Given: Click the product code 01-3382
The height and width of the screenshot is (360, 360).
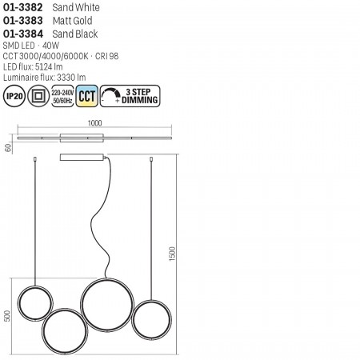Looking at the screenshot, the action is coord(23,7).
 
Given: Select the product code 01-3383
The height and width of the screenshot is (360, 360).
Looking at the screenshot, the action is coord(23,21).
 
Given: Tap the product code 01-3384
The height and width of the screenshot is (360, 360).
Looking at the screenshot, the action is coord(23,34).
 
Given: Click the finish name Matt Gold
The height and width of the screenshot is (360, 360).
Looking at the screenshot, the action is coord(73,21).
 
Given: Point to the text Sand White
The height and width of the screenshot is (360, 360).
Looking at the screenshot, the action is coord(76,7).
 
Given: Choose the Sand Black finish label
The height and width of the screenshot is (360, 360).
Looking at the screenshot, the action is coord(75,34).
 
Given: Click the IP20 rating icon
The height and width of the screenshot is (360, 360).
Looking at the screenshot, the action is coord(14,96).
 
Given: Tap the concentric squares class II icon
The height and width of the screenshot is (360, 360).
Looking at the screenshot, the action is coord(38,96).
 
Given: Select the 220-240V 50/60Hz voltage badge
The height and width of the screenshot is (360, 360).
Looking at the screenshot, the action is coord(62,96).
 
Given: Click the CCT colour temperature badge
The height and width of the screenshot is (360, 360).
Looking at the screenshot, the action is coord(87,96).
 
